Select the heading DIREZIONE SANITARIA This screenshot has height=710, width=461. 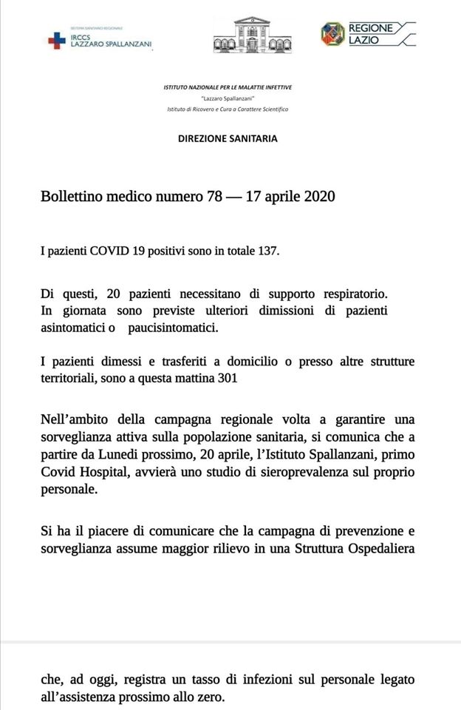[x=228, y=138]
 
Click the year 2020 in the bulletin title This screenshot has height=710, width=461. [x=319, y=197]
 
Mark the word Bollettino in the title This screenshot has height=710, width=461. [x=70, y=197]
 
